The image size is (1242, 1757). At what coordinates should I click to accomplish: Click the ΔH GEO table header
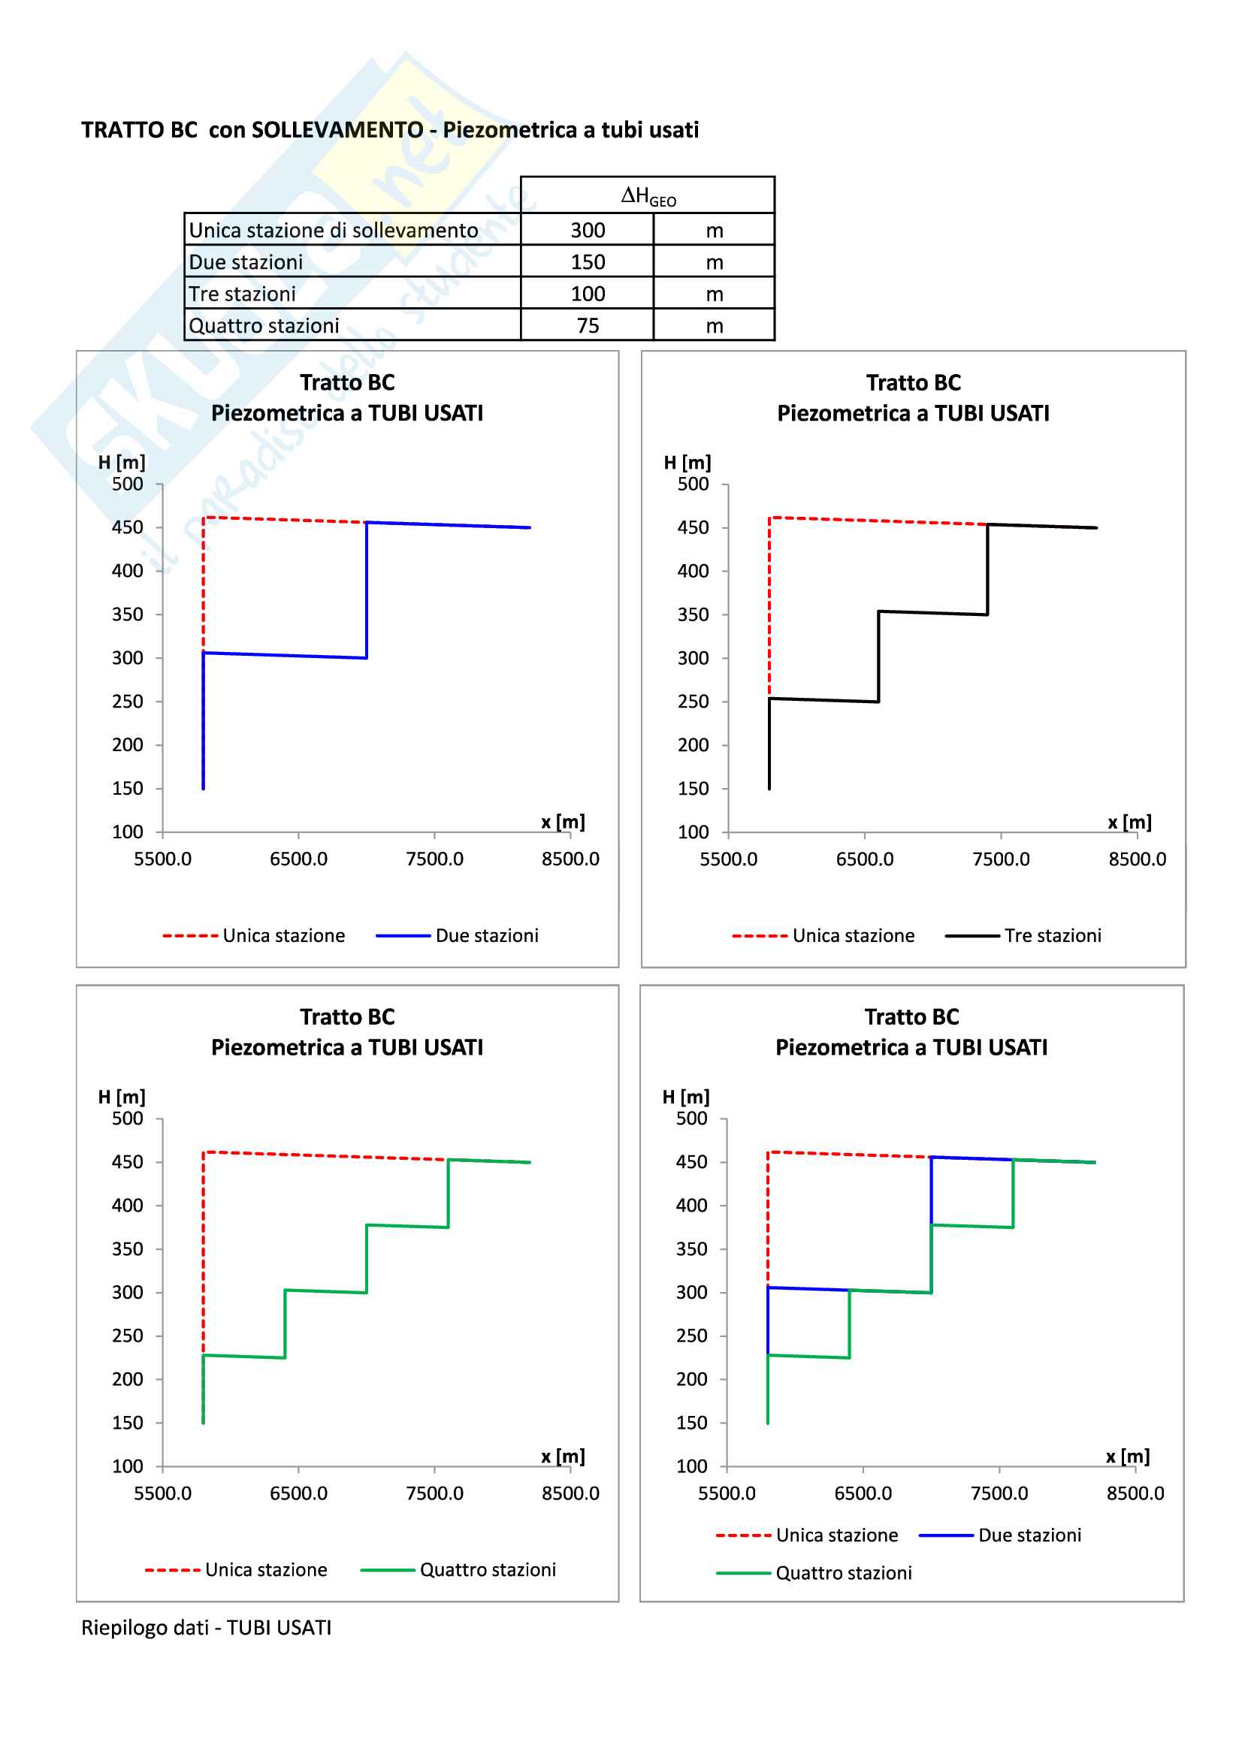tap(648, 196)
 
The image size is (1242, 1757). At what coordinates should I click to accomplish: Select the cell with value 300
tap(587, 231)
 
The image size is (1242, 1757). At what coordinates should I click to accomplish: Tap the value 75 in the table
tap(587, 326)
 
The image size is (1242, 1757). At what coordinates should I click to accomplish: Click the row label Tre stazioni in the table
tap(242, 294)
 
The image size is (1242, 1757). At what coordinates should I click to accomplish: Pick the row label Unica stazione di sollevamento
tap(333, 231)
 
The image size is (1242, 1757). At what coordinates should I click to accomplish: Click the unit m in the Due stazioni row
tap(714, 262)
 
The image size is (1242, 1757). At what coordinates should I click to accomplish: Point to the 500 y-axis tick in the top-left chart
tap(127, 485)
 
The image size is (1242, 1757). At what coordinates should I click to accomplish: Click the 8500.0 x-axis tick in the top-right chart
tap(1137, 859)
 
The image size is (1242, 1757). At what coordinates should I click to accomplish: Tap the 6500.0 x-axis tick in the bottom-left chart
tap(298, 1493)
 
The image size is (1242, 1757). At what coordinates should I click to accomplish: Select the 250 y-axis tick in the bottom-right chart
tap(691, 1336)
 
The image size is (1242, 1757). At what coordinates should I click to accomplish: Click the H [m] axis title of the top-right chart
tap(687, 463)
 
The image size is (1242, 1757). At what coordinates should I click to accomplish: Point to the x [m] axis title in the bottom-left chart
tap(563, 1457)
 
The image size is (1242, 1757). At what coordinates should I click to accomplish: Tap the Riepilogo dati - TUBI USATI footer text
tap(207, 1628)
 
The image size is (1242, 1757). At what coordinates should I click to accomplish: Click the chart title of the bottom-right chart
tap(911, 1031)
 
